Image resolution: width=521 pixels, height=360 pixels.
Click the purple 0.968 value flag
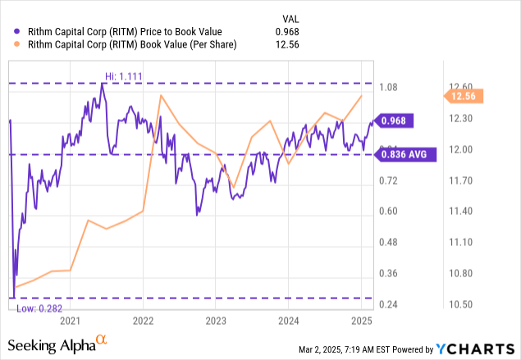pyautogui.click(x=395, y=120)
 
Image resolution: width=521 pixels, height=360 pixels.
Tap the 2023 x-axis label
pyautogui.click(x=216, y=320)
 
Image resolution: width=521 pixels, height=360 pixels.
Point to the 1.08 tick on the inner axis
pyautogui.click(x=387, y=87)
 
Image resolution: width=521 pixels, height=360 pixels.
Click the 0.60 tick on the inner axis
pyautogui.click(x=387, y=212)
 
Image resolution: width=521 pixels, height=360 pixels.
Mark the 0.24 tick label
pyautogui.click(x=387, y=304)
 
